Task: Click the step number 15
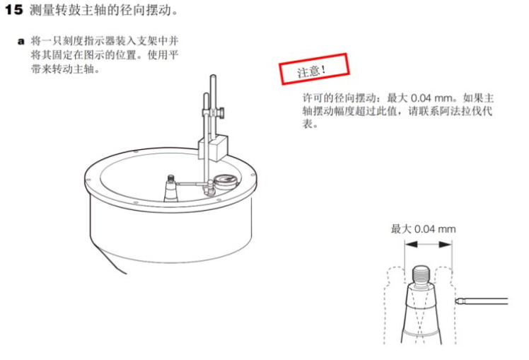pyautogui.click(x=14, y=9)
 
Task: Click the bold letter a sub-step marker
pyautogui.click(x=21, y=42)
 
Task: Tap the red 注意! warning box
pyautogui.click(x=314, y=69)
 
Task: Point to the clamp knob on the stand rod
pyautogui.click(x=221, y=112)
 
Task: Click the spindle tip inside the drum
pyautogui.click(x=171, y=178)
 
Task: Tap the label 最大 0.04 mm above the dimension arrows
pyautogui.click(x=423, y=229)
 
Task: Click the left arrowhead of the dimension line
pyautogui.click(x=412, y=245)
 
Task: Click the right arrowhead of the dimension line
pyautogui.click(x=445, y=245)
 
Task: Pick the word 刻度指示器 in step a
pyautogui.click(x=88, y=41)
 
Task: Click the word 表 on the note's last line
pyautogui.click(x=308, y=124)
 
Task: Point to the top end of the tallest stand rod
pyautogui.click(x=213, y=76)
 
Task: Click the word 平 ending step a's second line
pyautogui.click(x=173, y=55)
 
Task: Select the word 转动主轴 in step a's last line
pyautogui.click(x=73, y=69)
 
